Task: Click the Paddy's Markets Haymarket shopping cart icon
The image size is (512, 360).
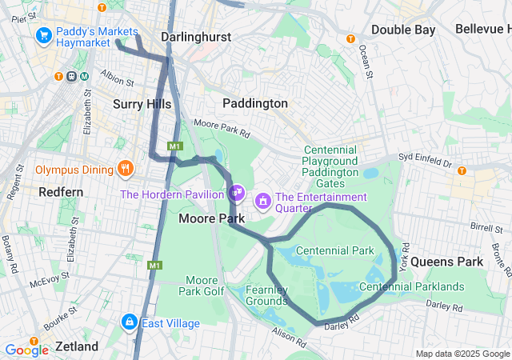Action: point(43,36)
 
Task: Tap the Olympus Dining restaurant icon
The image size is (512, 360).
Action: point(125,168)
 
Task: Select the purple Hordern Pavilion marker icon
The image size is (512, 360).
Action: point(236,193)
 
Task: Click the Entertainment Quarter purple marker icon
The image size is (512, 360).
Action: point(262,198)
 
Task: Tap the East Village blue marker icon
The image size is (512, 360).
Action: point(128,322)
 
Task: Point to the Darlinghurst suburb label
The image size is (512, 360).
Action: point(195,37)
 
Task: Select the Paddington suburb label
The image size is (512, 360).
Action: point(254,103)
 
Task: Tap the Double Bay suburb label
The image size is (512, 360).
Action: point(403,30)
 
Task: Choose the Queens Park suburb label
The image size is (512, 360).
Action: point(447,262)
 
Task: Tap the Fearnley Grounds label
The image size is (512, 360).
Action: point(266,295)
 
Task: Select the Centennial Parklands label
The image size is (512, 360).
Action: point(412,286)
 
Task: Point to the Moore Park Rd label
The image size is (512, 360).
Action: point(222,126)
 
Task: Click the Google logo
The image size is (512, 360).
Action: point(26,349)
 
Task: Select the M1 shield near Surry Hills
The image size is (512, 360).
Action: point(175,146)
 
